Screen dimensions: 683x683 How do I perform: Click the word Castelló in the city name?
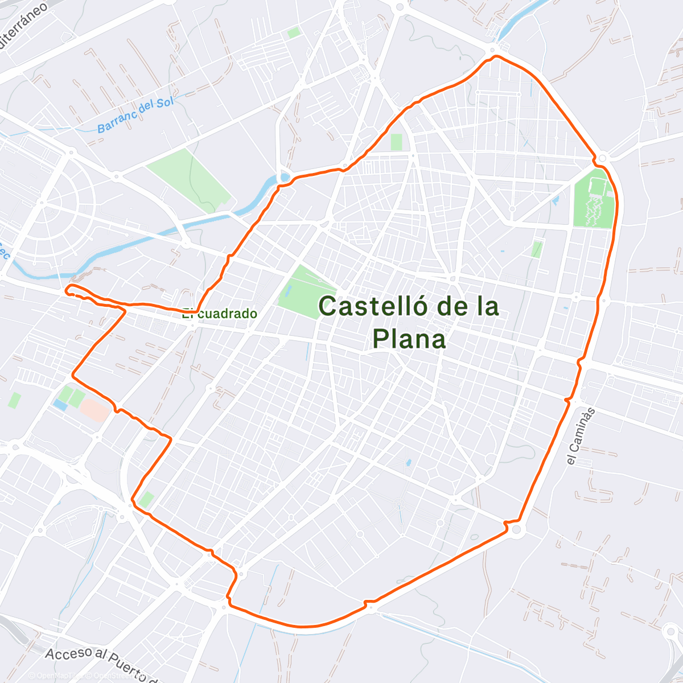pyautogui.click(x=372, y=307)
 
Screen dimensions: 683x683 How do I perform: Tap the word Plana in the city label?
pyautogui.click(x=409, y=339)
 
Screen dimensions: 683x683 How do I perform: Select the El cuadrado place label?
pyautogui.click(x=220, y=314)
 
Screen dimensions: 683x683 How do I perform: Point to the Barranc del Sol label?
pyautogui.click(x=135, y=115)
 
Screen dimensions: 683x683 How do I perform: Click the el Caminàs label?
pyautogui.click(x=581, y=437)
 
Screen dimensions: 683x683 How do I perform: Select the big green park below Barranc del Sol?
pyautogui.click(x=189, y=179)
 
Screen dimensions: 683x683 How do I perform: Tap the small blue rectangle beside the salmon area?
pyautogui.click(x=59, y=405)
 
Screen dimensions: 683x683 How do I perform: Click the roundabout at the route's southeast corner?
pyautogui.click(x=516, y=530)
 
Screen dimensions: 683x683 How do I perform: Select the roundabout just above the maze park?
pyautogui.click(x=603, y=158)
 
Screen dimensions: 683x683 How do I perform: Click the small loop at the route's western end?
pyautogui.click(x=70, y=290)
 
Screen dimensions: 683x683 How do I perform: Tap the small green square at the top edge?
pyautogui.click(x=294, y=33)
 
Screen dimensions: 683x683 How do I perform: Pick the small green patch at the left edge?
pyautogui.click(x=14, y=400)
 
